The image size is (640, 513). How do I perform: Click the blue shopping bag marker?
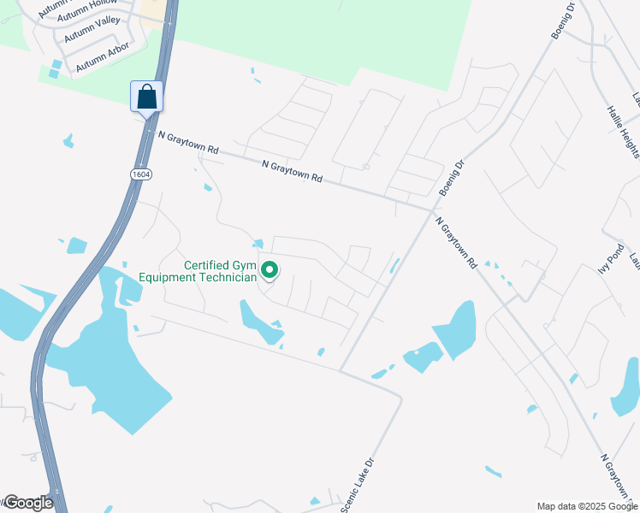click(x=146, y=96)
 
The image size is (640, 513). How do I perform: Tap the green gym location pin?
click(x=270, y=271)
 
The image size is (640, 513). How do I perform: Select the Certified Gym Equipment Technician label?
click(x=220, y=271)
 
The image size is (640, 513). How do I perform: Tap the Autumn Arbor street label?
click(x=102, y=57)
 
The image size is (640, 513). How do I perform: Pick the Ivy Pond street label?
click(x=610, y=257)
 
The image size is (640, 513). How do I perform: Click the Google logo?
click(x=27, y=503)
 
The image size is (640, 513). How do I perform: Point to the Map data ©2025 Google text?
click(x=586, y=506)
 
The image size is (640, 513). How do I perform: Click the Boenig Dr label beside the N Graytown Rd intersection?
click(x=450, y=178)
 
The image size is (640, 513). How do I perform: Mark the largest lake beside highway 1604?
click(x=111, y=368)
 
